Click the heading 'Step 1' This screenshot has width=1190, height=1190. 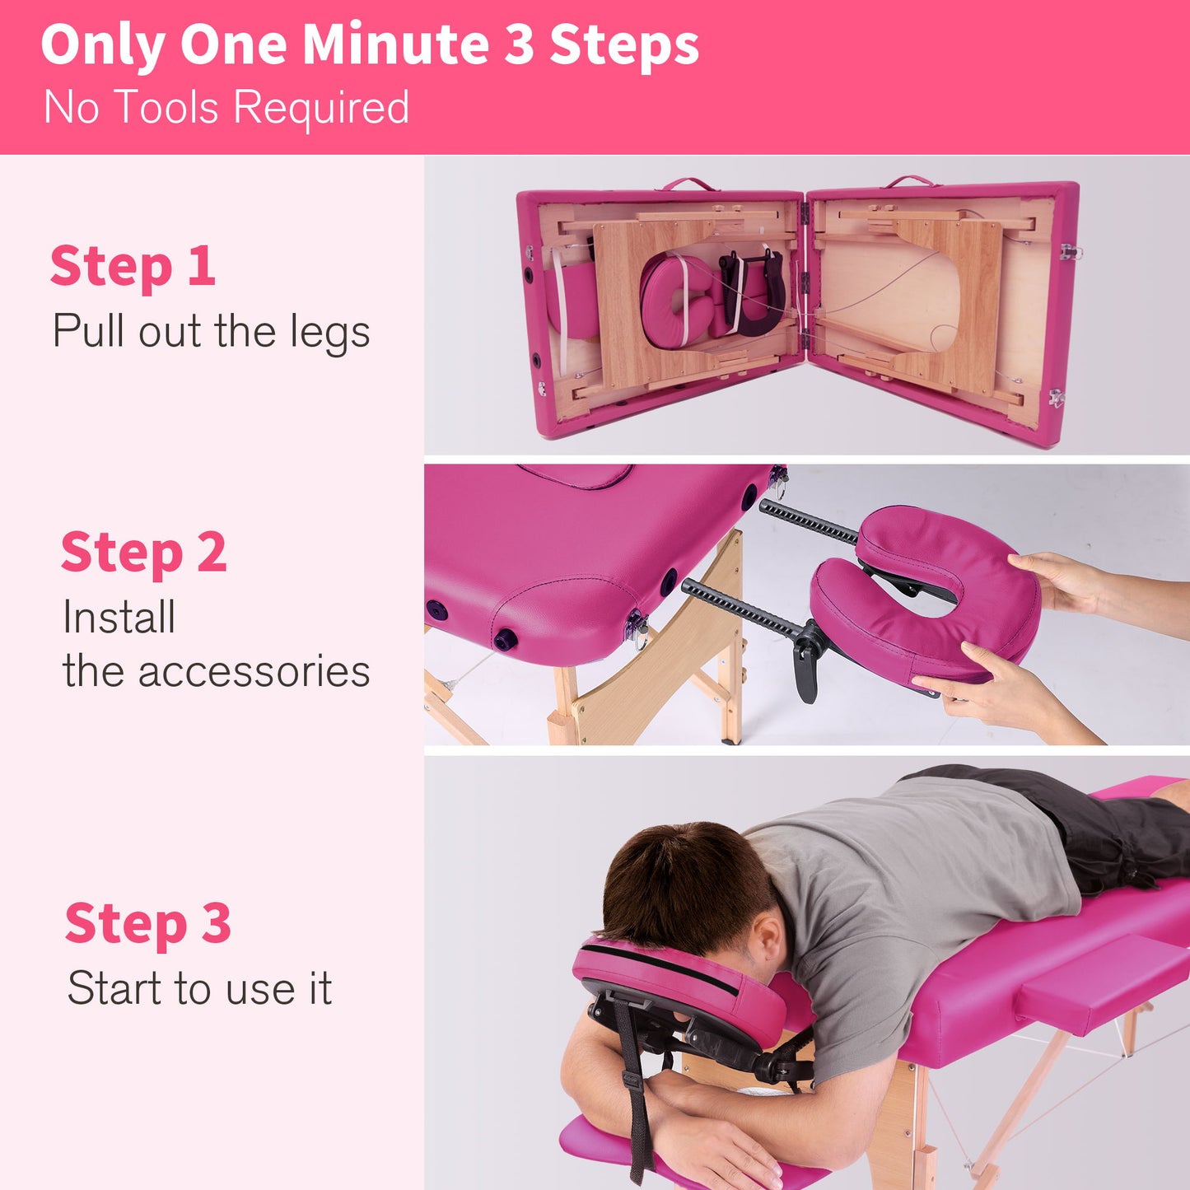point(133,266)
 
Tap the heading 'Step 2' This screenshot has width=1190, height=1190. point(143,552)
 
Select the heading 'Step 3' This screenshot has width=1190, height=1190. point(147,923)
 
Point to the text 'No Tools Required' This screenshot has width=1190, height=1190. point(226,107)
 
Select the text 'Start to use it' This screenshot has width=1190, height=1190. point(199,987)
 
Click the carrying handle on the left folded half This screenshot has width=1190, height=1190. point(688,183)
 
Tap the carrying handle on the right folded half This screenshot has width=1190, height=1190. point(910,180)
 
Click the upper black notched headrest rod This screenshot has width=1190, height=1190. point(807,521)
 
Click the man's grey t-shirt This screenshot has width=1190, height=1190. point(906,889)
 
